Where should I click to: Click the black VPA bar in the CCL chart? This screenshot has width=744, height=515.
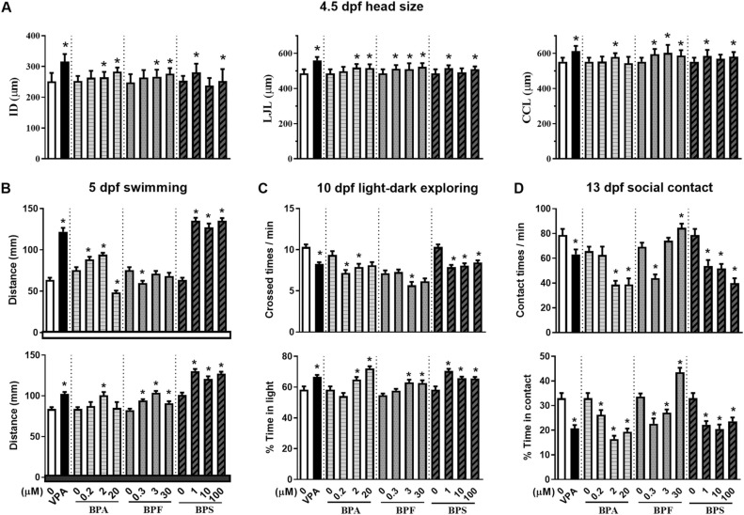click(x=576, y=82)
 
